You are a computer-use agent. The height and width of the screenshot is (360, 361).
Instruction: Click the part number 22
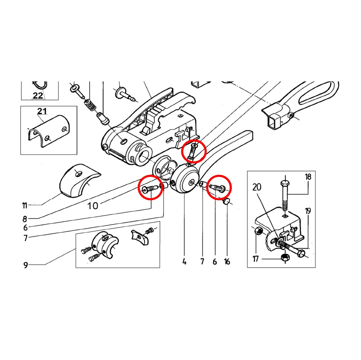[38, 95]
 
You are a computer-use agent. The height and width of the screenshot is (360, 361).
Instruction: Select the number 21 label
[42, 111]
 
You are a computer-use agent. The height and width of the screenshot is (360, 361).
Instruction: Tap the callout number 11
[25, 205]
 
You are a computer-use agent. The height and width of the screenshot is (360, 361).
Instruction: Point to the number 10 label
[93, 206]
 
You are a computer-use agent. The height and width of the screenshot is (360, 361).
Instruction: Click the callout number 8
[25, 219]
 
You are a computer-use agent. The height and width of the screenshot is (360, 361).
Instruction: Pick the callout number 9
[26, 265]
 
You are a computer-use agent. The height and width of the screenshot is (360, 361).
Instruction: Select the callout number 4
[184, 262]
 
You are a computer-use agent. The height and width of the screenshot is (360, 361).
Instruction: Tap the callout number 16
[227, 262]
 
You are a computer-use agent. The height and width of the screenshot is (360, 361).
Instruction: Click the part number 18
[308, 177]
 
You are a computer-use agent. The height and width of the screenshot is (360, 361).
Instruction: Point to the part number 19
[308, 211]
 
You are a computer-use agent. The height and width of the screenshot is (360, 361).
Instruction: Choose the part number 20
[257, 187]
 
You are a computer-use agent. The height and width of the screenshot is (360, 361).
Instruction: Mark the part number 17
[256, 259]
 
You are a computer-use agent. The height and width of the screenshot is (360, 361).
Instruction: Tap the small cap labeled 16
[226, 202]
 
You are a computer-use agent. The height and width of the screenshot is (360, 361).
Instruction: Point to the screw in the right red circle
[217, 187]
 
